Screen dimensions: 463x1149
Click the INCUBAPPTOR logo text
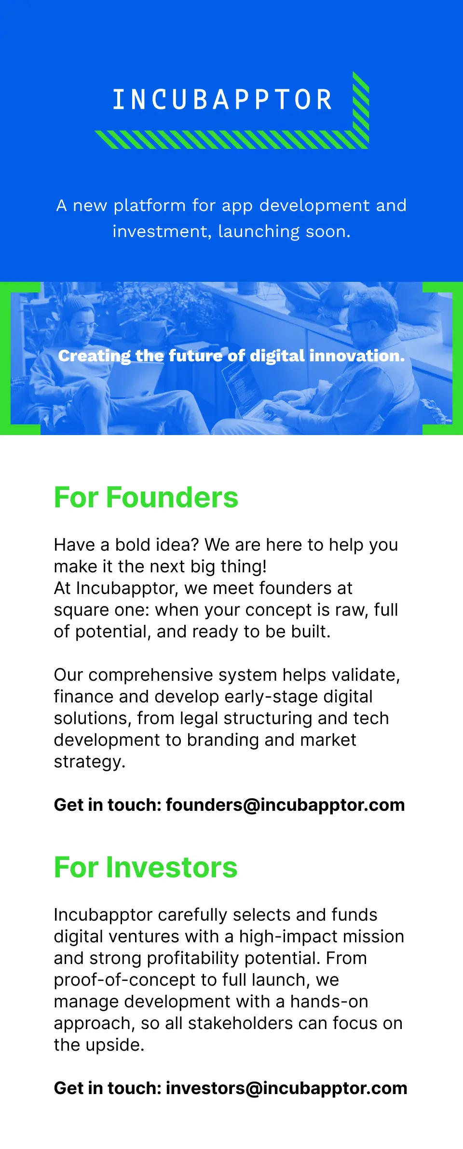(x=222, y=99)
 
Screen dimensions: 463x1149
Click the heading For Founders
(x=146, y=497)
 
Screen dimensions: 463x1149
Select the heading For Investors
(x=146, y=867)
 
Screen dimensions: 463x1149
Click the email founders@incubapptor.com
(x=286, y=805)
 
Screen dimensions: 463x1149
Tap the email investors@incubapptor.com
(x=286, y=1088)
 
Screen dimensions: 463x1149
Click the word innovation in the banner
(x=357, y=356)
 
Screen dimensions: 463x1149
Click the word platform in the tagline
(x=150, y=206)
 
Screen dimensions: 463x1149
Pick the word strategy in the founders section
(x=90, y=762)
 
